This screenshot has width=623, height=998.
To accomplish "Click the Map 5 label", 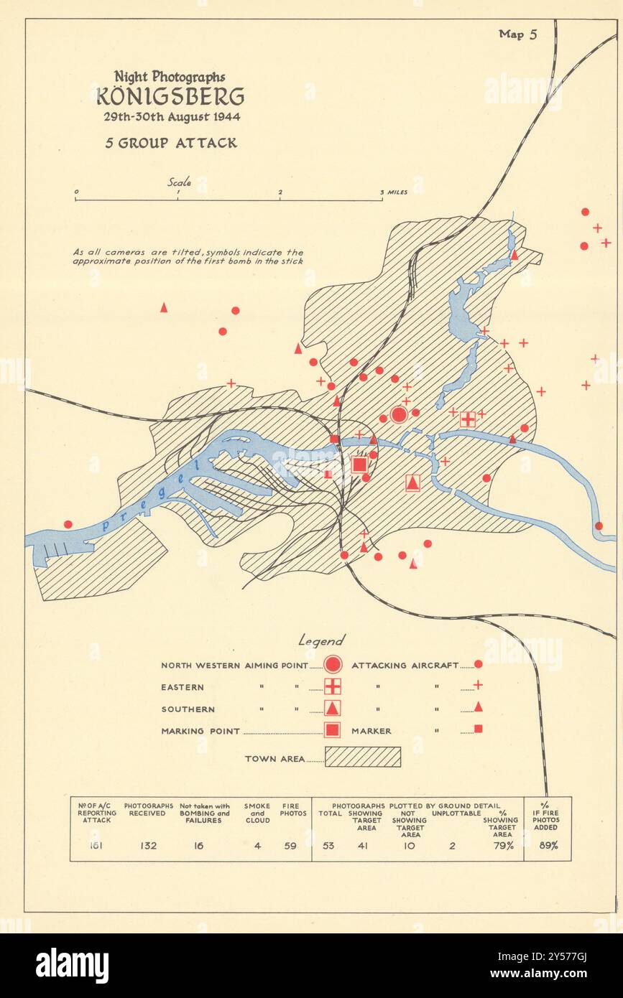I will pyautogui.click(x=517, y=34).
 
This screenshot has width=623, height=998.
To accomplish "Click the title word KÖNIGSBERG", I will pyautogui.click(x=170, y=95).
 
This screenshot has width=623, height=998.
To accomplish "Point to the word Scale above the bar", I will pyautogui.click(x=180, y=182).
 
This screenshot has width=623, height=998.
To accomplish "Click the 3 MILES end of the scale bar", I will pyautogui.click(x=394, y=192).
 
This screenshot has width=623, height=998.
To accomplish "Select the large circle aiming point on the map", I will pyautogui.click(x=399, y=414).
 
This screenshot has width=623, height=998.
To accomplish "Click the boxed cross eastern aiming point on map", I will pyautogui.click(x=468, y=419).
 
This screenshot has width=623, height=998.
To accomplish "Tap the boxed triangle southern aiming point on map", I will pyautogui.click(x=412, y=482).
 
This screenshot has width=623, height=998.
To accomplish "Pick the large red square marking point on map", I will pyautogui.click(x=359, y=465).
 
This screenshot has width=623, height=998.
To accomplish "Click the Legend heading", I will pyautogui.click(x=321, y=640).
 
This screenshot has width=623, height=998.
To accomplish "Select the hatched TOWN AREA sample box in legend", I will pyautogui.click(x=363, y=757).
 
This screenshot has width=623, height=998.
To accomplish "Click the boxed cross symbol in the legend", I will pyautogui.click(x=332, y=686).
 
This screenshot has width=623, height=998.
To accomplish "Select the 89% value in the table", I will pyautogui.click(x=548, y=846).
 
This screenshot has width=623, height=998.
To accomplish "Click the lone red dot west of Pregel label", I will pyautogui.click(x=68, y=524).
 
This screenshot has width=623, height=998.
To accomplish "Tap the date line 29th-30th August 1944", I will pyautogui.click(x=170, y=116).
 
